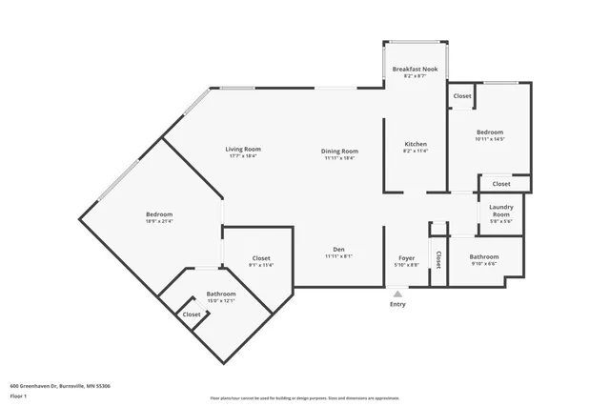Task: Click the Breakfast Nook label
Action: pyautogui.click(x=416, y=69)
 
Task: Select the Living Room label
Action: pyautogui.click(x=243, y=150)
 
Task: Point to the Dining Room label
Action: pyautogui.click(x=338, y=151)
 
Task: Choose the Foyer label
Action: pyautogui.click(x=406, y=259)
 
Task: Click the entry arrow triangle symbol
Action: pyautogui.click(x=397, y=294)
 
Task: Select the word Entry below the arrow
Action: pyautogui.click(x=397, y=304)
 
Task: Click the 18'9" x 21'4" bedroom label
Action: pyautogui.click(x=159, y=216)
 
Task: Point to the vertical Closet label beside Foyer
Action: pyautogui.click(x=438, y=260)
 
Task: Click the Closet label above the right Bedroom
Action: pyautogui.click(x=461, y=96)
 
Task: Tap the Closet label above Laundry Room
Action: pyautogui.click(x=500, y=184)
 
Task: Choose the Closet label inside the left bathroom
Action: pyautogui.click(x=192, y=314)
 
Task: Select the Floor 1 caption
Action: pyautogui.click(x=19, y=396)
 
